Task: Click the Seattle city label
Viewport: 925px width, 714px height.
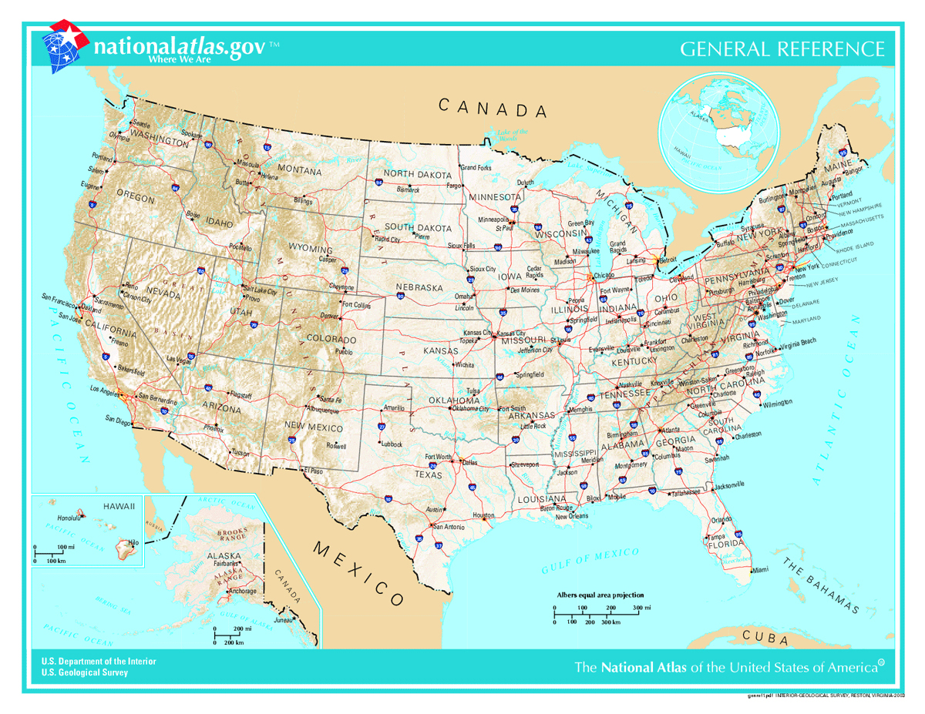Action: coord(141,123)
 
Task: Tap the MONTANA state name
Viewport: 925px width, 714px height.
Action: coord(299,169)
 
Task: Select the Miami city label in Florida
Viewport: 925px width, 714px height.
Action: coord(760,570)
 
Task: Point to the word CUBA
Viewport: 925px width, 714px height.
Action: coord(765,638)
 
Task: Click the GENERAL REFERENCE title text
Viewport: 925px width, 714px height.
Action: coord(782,49)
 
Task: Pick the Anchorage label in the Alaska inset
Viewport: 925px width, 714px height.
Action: coord(242,592)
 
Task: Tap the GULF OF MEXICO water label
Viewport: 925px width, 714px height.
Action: coord(590,561)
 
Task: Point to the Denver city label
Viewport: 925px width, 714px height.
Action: coord(329,317)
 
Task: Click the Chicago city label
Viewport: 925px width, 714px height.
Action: coord(604,275)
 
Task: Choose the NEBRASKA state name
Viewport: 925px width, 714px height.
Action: coord(419,287)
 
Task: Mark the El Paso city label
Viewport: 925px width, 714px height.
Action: coord(313,469)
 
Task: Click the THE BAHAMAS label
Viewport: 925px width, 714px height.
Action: coord(820,586)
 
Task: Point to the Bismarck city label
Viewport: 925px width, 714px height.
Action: coord(408,189)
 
